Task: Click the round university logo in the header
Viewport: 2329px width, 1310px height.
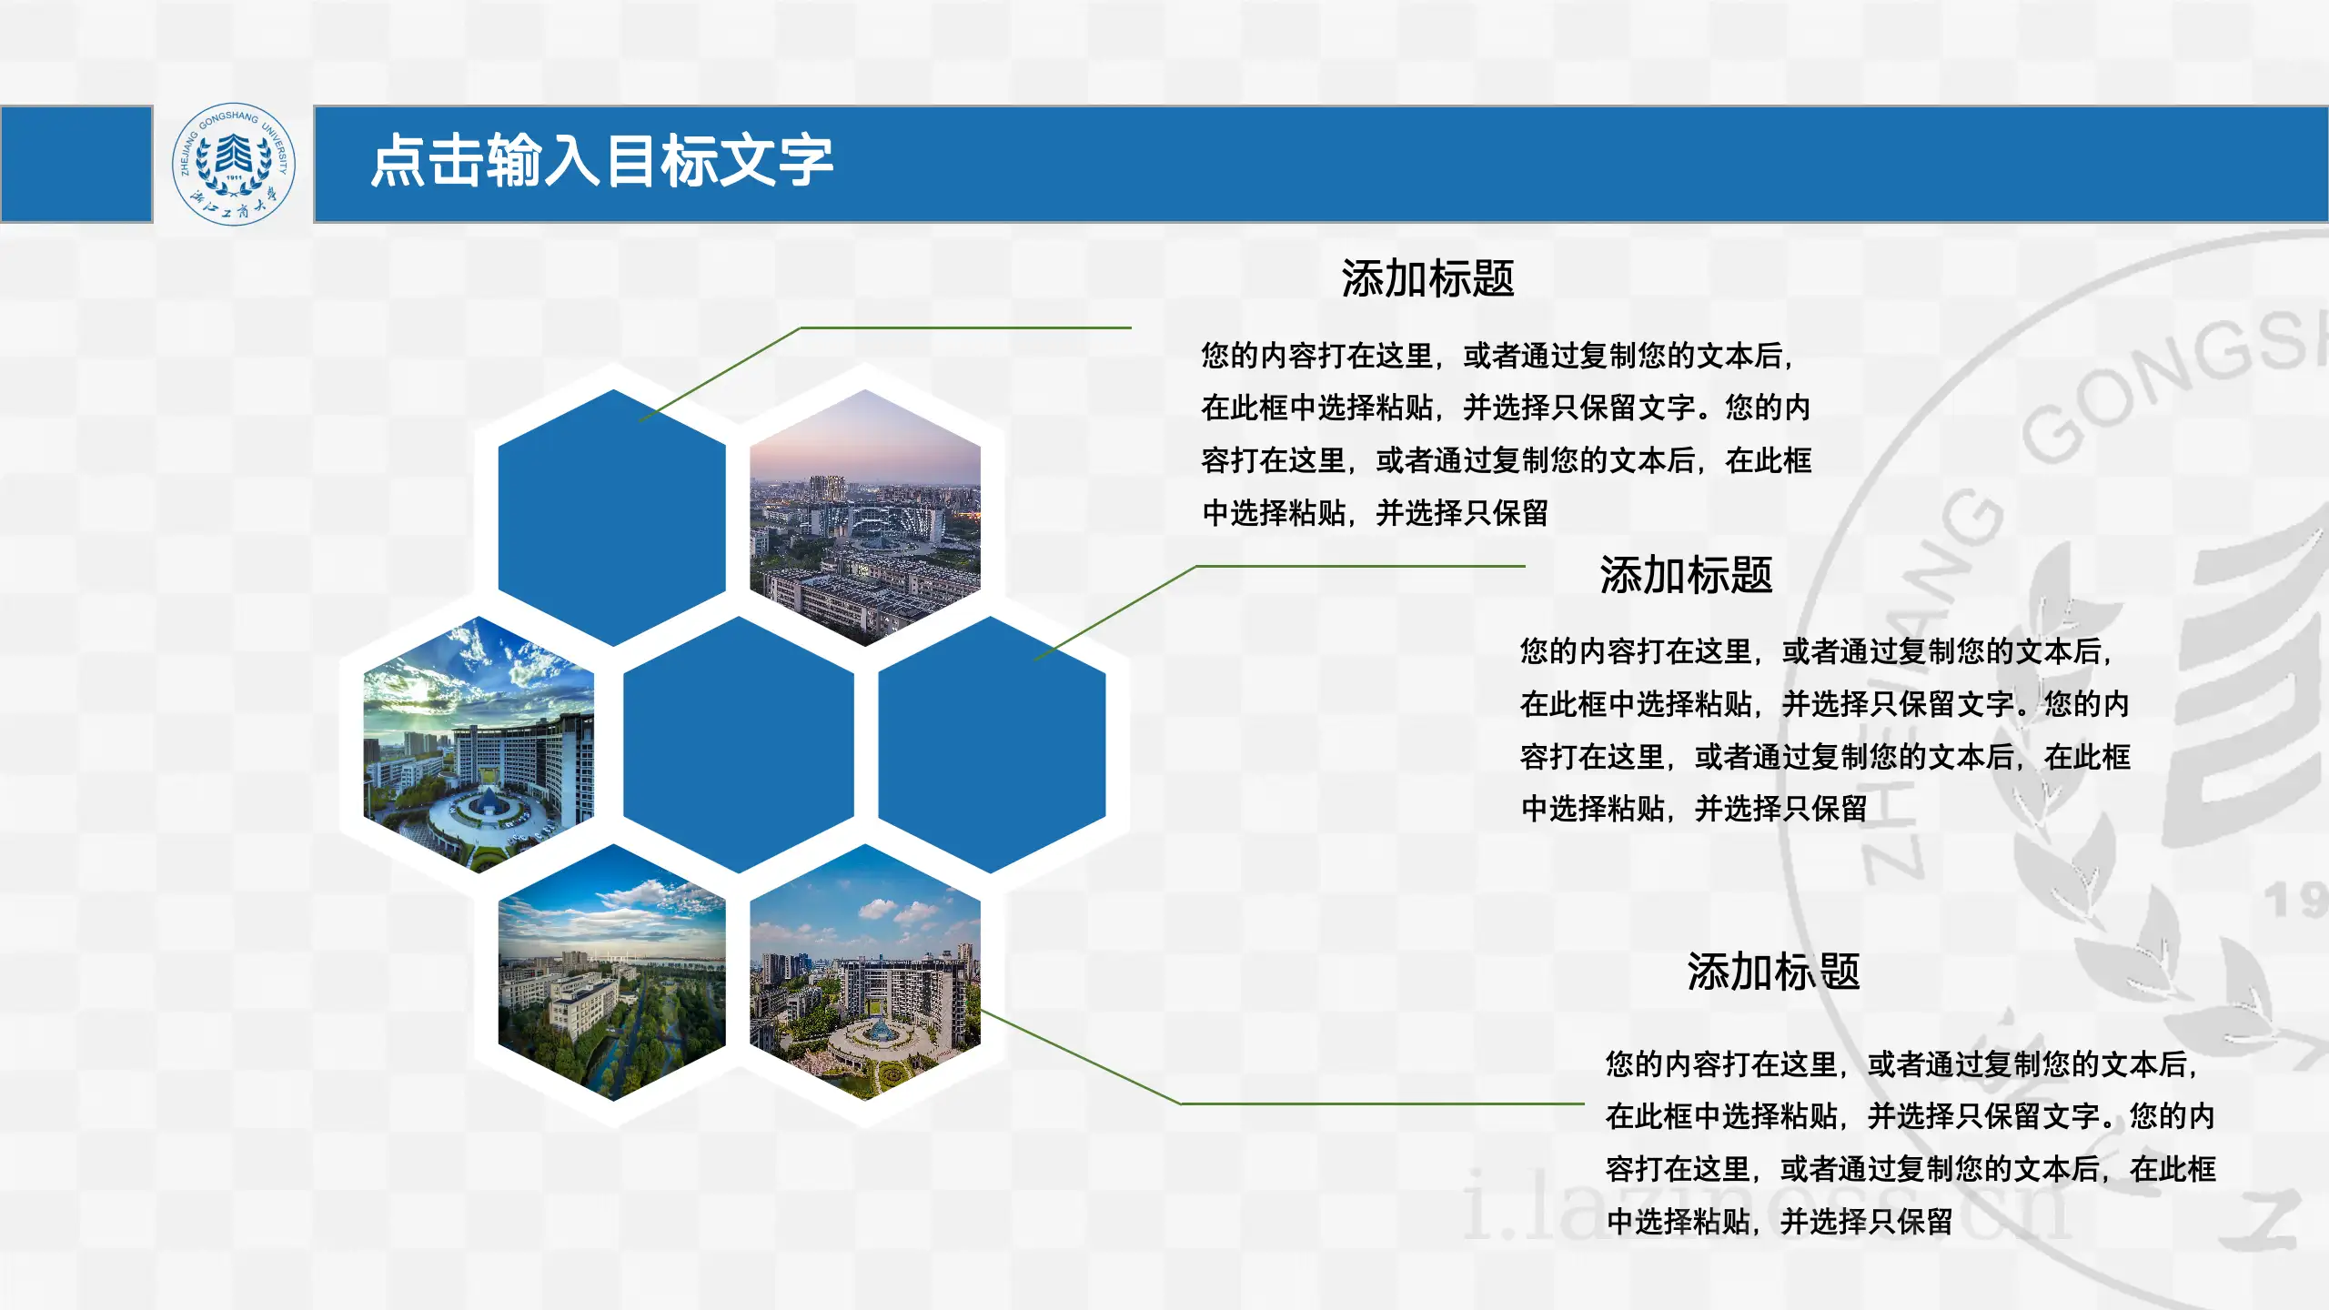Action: (234, 164)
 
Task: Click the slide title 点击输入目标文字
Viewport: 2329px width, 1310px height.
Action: (601, 161)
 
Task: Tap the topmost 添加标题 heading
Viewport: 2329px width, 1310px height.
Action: (1427, 278)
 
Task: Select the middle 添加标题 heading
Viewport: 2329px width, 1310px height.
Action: (1686, 575)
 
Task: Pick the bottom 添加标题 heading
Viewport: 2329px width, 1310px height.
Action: (1773, 972)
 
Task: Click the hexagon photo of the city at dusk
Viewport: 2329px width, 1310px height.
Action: (864, 519)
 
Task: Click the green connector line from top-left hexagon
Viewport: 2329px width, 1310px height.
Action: (964, 327)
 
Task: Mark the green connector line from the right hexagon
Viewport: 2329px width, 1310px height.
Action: (1360, 566)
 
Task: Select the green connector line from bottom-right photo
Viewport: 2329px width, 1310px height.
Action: (1383, 1103)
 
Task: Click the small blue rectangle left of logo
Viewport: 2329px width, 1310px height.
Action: (76, 164)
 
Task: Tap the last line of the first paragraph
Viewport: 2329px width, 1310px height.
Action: (1375, 513)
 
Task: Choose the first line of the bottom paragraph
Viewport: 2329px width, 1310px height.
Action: (1901, 1063)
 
